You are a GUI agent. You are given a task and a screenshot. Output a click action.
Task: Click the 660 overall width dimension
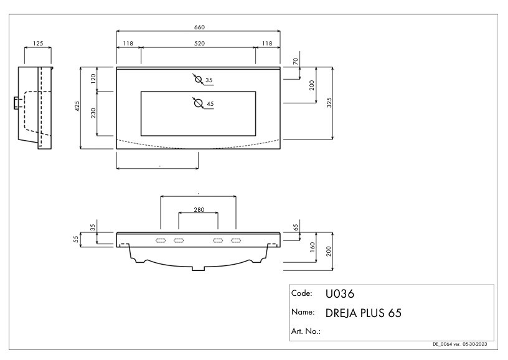click(199, 27)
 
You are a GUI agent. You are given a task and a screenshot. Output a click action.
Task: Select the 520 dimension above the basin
click(199, 44)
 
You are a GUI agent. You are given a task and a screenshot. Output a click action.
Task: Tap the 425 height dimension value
click(77, 107)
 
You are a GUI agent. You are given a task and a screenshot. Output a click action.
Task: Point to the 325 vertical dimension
click(329, 102)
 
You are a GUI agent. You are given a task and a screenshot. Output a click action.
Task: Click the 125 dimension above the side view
click(38, 44)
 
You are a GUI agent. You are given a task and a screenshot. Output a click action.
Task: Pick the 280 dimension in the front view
click(199, 210)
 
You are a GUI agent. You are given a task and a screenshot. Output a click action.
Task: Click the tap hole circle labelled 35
click(198, 79)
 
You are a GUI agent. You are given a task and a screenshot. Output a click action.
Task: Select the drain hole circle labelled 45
click(198, 103)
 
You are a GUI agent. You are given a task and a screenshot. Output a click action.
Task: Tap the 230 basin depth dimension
click(93, 113)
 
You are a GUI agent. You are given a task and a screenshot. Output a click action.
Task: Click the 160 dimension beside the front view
click(313, 247)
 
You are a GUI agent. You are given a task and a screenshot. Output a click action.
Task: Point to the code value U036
click(340, 294)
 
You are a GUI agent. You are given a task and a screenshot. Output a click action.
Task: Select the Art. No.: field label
click(306, 331)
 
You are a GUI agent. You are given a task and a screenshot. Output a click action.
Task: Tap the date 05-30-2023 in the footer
click(474, 344)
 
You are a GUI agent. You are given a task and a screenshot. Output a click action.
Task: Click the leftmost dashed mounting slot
click(161, 240)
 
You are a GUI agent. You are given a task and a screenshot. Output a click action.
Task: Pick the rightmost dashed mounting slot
click(236, 240)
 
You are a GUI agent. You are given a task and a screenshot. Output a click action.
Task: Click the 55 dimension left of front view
click(76, 239)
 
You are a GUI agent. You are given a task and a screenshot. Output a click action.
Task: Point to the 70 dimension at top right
click(296, 61)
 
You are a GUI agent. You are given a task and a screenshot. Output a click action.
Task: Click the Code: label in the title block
click(301, 293)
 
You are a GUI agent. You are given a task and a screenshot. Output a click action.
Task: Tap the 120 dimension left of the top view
click(93, 78)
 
